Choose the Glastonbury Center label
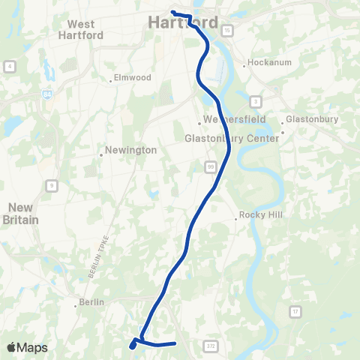pos(232,136)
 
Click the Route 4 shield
pos(10,66)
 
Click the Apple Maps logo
pos(27,347)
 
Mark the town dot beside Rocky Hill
pos(236,219)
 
